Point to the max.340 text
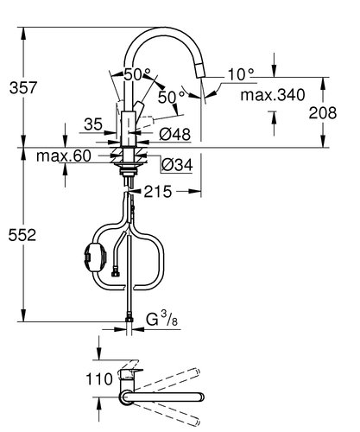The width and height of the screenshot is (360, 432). coord(273,95)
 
